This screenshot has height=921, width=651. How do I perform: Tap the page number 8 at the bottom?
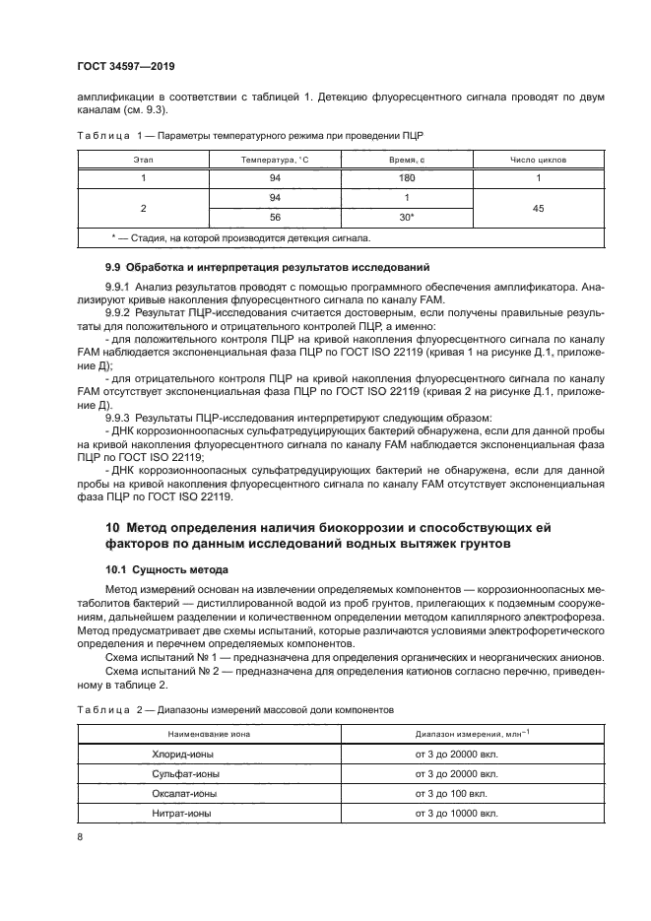pyautogui.click(x=81, y=837)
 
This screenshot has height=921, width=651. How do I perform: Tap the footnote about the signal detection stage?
pyautogui.click(x=241, y=238)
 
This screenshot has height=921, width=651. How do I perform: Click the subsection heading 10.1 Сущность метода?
pyautogui.click(x=166, y=569)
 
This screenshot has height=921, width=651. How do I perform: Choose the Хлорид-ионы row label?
pyautogui.click(x=177, y=754)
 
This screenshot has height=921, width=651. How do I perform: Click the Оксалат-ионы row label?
pyautogui.click(x=179, y=794)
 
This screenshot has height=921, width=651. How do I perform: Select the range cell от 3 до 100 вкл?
pyautogui.click(x=453, y=794)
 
